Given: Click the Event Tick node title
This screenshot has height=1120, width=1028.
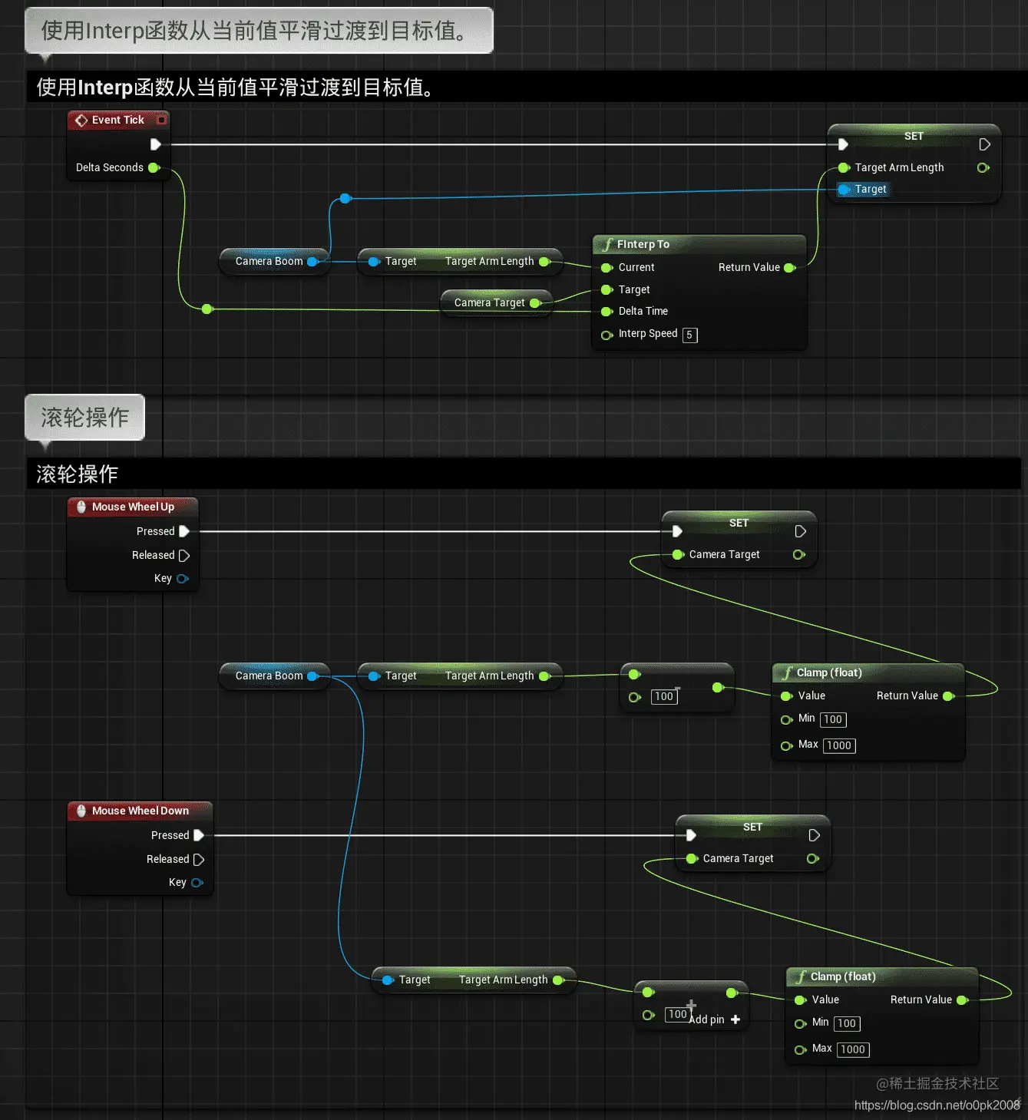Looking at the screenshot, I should coord(117,120).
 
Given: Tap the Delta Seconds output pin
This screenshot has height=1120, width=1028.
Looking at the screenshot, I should coord(154,167).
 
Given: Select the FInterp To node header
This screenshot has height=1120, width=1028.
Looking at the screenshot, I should coord(643,244).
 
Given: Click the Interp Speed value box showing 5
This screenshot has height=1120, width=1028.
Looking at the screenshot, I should coord(689,335).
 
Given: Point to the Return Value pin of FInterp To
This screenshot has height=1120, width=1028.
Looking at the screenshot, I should coord(789,267).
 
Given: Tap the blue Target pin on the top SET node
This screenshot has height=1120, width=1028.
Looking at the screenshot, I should coord(844,189).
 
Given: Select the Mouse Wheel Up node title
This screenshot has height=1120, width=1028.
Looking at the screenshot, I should coord(133,507).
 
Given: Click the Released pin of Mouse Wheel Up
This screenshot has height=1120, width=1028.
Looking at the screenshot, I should coord(184,555).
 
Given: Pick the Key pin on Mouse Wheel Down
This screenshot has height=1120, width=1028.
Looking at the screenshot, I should coord(197,883).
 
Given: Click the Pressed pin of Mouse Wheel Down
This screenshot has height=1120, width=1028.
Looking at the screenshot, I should coord(199,835).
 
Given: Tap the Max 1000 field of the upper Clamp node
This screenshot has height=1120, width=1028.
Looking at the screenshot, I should coord(838,745).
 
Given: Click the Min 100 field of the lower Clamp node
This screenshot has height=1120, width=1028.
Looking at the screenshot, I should coord(847,1023).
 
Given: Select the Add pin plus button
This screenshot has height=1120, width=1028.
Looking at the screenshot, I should coord(735,1019).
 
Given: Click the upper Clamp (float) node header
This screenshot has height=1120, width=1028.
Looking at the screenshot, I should coord(829,672).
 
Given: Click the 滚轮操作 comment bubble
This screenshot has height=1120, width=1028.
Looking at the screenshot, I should coord(84,417).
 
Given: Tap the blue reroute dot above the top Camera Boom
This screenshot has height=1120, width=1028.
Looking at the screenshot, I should coord(345,199).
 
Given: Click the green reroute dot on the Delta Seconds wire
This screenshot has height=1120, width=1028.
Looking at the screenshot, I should coord(207,309).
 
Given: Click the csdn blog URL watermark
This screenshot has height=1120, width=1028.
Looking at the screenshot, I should coord(937,1105).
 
